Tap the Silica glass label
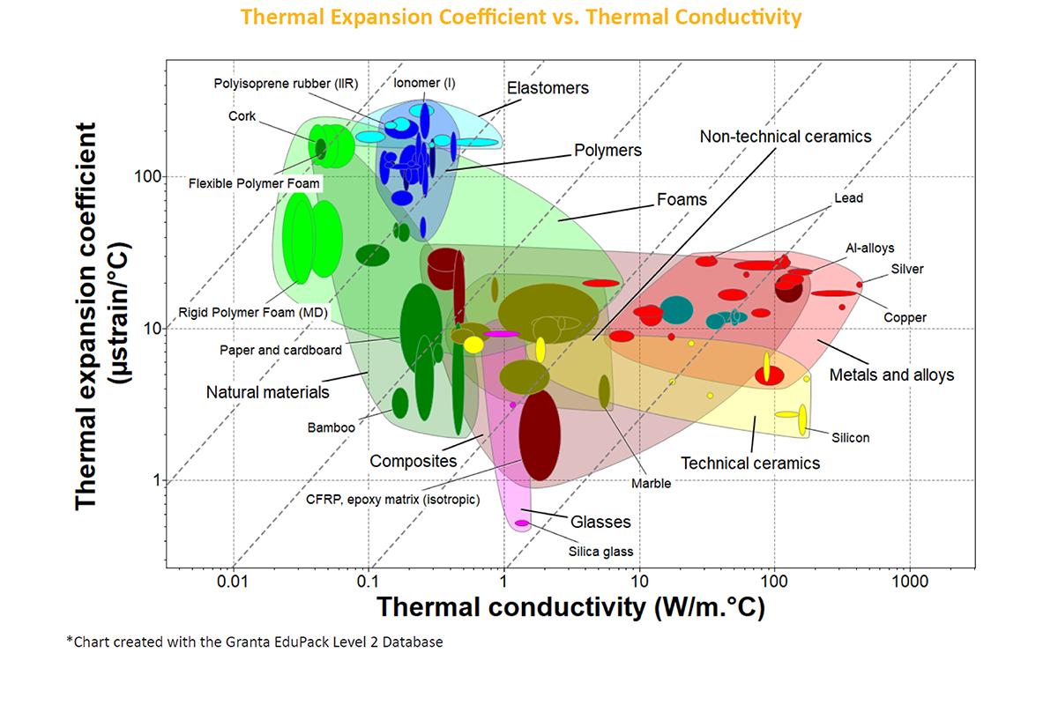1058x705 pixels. [600, 552]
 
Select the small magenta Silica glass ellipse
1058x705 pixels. [522, 523]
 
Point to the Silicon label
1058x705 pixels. [851, 437]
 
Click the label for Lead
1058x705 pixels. [848, 198]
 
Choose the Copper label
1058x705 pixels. [905, 317]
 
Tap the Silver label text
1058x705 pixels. [907, 269]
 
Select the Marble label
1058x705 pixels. [652, 483]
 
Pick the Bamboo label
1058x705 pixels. [331, 427]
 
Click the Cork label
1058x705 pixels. [241, 115]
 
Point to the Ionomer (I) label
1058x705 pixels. [425, 83]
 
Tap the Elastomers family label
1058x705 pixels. [548, 88]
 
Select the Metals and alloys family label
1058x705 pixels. [891, 375]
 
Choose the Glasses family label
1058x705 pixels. [600, 522]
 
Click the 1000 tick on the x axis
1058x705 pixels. [909, 583]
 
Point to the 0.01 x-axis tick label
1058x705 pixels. [233, 583]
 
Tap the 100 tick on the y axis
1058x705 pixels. [145, 176]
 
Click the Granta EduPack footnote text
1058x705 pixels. [255, 642]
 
